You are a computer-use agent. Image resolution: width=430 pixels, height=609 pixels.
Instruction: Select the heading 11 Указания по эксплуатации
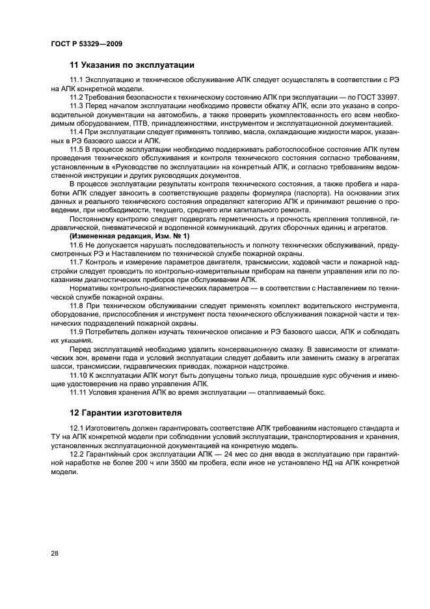131,65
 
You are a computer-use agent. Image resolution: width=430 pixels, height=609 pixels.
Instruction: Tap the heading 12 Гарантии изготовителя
126,412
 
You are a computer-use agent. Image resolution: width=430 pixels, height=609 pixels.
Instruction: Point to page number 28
55,553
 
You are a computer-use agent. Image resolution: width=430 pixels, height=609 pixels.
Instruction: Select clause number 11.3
76,106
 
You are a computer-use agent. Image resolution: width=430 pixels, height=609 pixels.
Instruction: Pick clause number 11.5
76,149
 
